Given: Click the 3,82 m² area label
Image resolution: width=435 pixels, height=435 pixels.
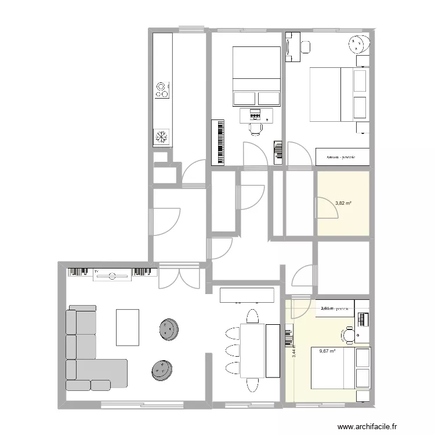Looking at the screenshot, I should pos(344,204).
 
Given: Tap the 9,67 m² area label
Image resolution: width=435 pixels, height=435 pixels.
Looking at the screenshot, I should pos(328,350).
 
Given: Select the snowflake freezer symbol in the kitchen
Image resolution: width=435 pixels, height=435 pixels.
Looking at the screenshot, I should pos(162,137).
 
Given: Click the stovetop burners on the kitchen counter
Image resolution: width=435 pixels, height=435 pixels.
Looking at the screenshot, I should pos(162,90).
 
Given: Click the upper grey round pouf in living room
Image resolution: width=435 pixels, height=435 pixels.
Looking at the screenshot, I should pos(169,330).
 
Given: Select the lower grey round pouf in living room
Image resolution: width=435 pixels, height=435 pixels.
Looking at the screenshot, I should pos(162,369).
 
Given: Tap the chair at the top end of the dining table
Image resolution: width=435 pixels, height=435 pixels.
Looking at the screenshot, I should pos(252,317).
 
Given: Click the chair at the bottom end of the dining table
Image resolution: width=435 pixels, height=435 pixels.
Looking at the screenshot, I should pos(252,385).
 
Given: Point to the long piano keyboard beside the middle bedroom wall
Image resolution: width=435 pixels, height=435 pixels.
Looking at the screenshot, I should pos(220,142).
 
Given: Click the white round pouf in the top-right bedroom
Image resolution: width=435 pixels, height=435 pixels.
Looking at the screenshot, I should pos(358,43).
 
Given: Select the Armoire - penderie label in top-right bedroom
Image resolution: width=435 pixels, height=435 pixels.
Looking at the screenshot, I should pos(340,157).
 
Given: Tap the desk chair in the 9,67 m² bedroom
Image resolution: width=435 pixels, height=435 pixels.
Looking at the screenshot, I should pos(349,335).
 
